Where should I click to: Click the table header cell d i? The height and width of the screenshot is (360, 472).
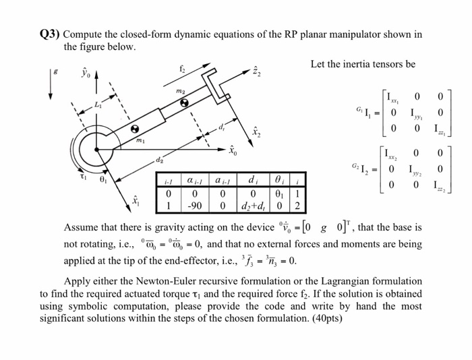(253, 181)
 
